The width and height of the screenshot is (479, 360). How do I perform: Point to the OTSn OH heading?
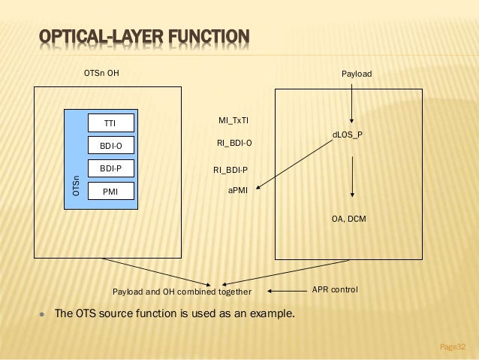101,74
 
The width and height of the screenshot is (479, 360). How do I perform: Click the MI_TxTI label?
234,120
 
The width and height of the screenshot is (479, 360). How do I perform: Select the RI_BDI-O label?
234,142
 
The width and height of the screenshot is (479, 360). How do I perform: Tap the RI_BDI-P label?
231,170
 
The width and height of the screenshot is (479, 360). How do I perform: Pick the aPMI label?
238,191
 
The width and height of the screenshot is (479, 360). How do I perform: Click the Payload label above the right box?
357,74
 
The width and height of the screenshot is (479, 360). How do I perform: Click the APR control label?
335,289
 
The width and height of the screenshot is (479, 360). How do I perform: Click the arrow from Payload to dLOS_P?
351,101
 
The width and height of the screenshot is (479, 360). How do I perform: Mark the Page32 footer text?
453,346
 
